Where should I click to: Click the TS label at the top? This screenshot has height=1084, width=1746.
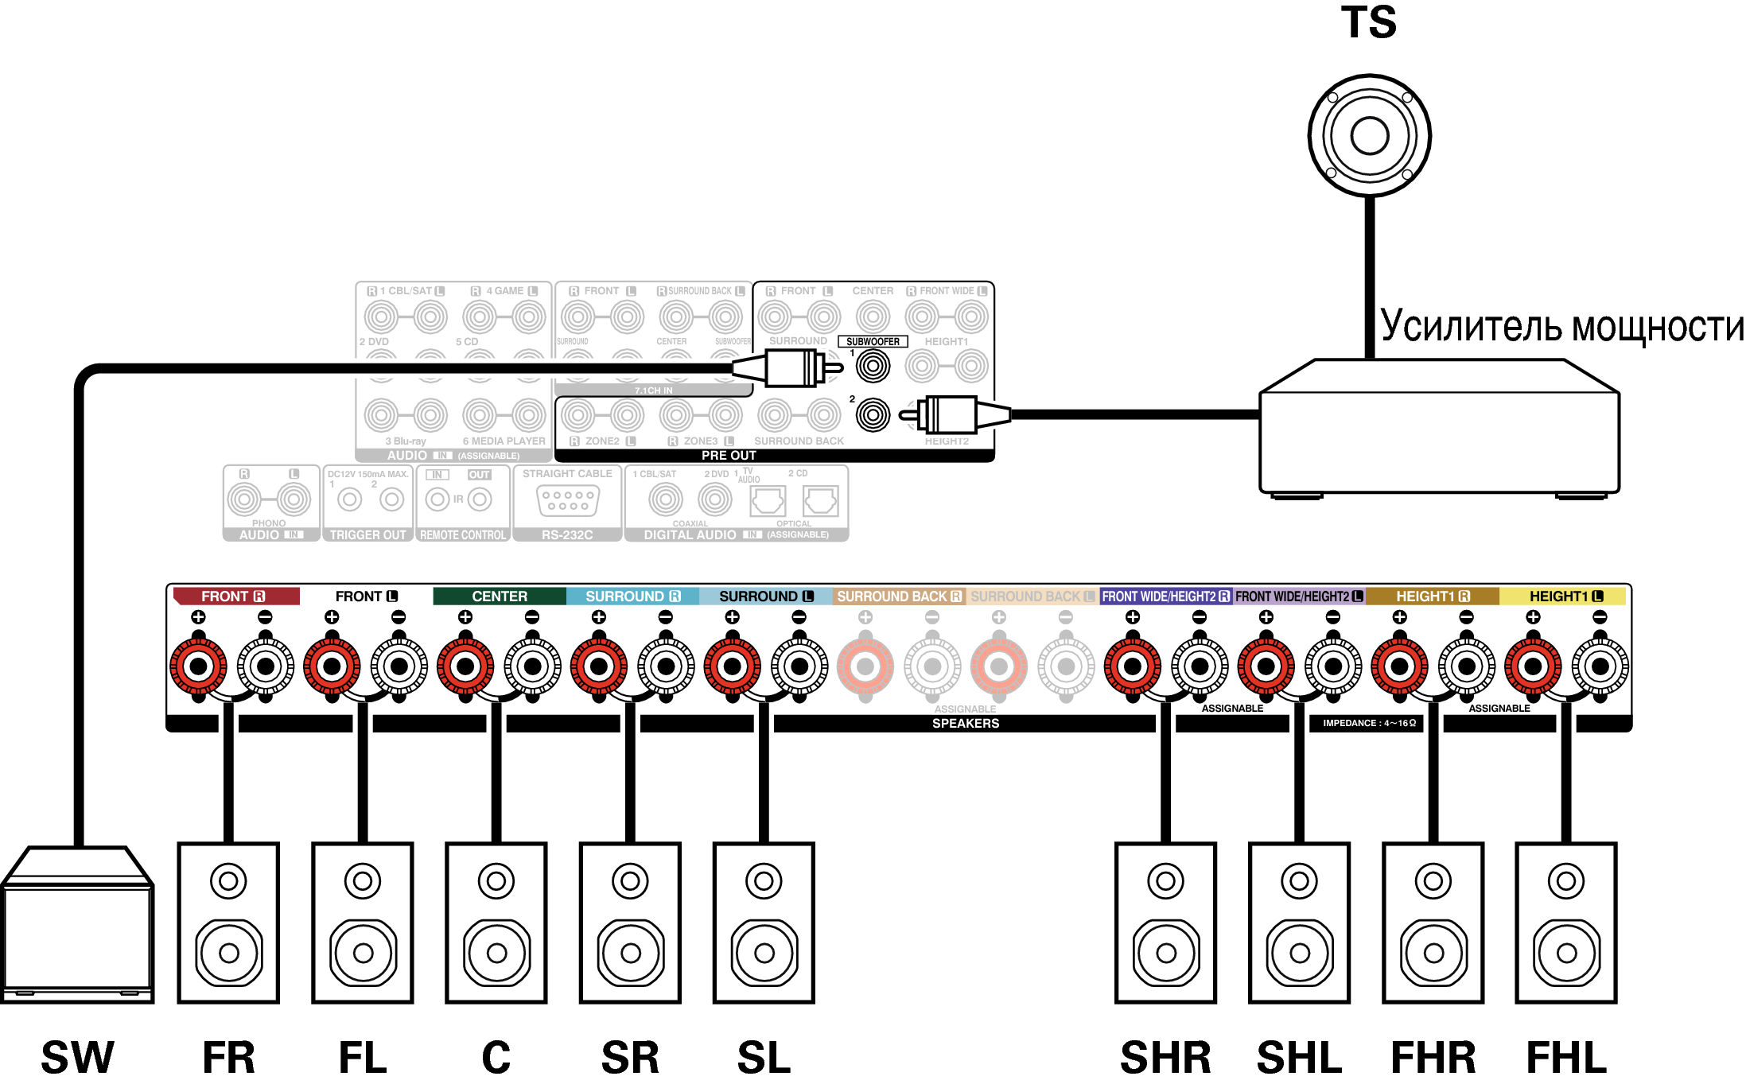coord(1368,22)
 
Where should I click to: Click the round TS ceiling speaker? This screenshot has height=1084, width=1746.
coord(1369,135)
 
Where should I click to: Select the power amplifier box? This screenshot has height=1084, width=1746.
coord(1439,429)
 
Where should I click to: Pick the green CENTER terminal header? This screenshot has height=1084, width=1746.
coord(499,596)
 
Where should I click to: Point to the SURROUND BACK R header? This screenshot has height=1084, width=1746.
coord(899,596)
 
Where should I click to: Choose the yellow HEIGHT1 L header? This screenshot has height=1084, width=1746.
coord(1565,596)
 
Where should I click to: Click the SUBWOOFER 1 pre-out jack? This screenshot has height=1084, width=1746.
coord(873,367)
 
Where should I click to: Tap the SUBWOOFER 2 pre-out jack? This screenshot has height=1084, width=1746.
coord(873,415)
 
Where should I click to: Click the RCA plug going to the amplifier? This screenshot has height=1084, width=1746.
coord(955,415)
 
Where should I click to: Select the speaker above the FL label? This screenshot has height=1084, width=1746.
coord(363,923)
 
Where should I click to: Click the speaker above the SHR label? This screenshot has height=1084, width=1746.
coord(1165,923)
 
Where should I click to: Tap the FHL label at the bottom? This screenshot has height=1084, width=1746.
coord(1566,1058)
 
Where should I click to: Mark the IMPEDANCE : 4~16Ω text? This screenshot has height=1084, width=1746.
coord(1369,723)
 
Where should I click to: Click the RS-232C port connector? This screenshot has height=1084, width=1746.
coord(567,500)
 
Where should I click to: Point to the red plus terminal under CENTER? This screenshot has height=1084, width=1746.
coord(465,666)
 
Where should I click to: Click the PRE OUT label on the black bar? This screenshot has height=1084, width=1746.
coord(729,456)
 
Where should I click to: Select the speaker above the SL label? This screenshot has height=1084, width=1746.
coord(764,923)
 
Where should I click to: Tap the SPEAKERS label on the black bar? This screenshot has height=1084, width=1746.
coord(965,723)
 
